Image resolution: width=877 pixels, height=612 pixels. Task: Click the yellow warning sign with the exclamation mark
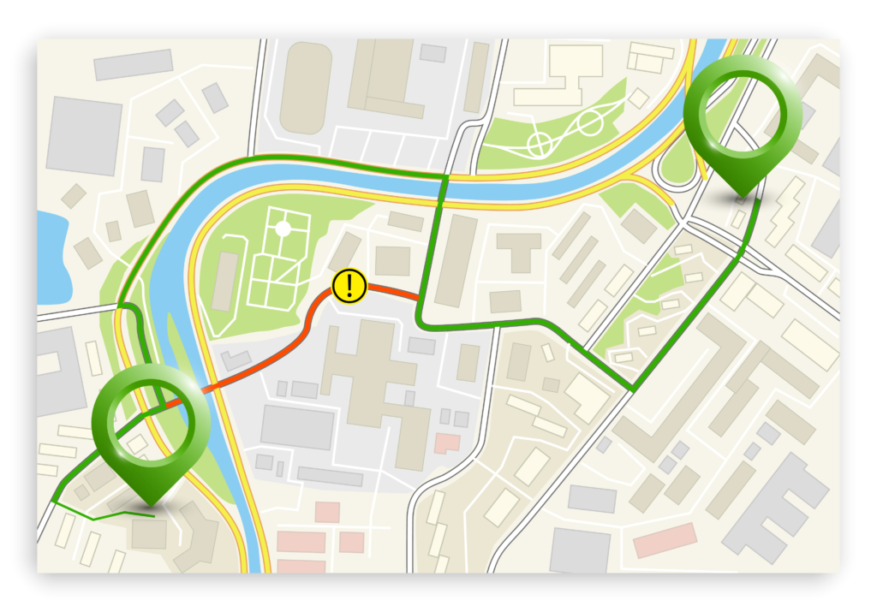[349, 286]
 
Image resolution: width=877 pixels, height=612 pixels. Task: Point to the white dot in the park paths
[282, 229]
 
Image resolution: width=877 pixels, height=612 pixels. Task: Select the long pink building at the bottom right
[665, 541]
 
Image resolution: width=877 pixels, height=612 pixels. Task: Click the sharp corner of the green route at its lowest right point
[633, 390]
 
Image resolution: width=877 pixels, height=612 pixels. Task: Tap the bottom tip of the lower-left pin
[152, 505]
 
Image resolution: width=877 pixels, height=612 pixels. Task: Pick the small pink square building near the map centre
[446, 443]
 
